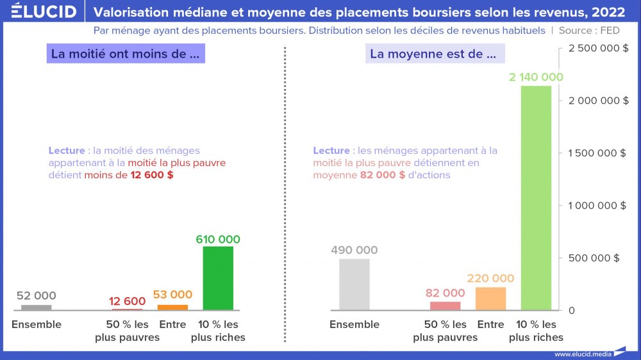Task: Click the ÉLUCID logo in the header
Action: [x=44, y=12]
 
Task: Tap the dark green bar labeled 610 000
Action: [x=218, y=278]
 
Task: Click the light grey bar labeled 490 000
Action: [x=354, y=284]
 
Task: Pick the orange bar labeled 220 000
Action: [x=491, y=299]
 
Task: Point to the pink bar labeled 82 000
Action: [x=445, y=306]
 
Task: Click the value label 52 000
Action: [x=36, y=296]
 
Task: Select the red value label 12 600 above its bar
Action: [x=127, y=301]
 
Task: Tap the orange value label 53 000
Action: [x=172, y=295]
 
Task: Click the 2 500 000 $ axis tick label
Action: [x=592, y=48]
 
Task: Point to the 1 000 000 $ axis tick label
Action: [x=592, y=206]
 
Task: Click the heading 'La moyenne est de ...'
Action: [x=433, y=54]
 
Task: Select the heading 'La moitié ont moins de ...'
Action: [x=125, y=54]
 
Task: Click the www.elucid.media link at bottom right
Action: [x=582, y=354]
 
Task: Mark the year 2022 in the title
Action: [x=608, y=12]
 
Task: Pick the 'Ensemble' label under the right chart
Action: [x=354, y=325]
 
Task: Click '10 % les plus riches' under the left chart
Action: [x=218, y=331]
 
